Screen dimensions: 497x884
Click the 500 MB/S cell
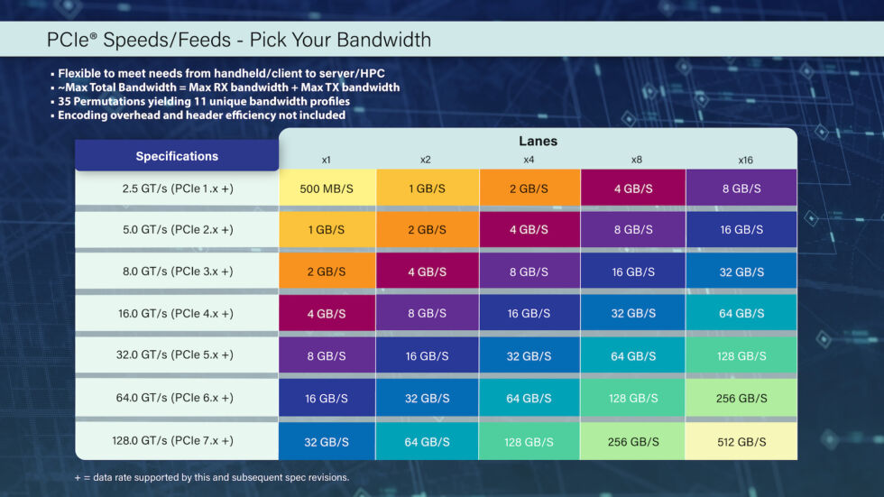tap(327, 189)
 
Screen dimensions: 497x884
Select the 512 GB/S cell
tap(741, 441)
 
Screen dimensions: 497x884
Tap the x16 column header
tap(744, 160)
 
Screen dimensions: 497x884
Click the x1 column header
tap(327, 160)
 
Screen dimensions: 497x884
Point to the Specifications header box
tap(177, 156)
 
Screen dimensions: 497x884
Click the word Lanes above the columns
tap(538, 141)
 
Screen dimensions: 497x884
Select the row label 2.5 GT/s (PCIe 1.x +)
tap(177, 189)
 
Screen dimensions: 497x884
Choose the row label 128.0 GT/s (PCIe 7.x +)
tap(177, 441)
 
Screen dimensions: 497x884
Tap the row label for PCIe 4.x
tap(177, 314)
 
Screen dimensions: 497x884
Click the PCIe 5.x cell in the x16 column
tap(741, 356)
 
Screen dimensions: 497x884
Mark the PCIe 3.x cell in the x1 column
tap(327, 272)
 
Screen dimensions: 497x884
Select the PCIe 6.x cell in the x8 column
tap(633, 398)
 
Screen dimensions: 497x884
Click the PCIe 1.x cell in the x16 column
tap(741, 189)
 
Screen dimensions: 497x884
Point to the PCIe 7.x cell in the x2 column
tap(427, 441)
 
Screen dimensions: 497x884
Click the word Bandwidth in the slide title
tap(384, 41)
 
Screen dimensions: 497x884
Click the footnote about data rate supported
tap(211, 477)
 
